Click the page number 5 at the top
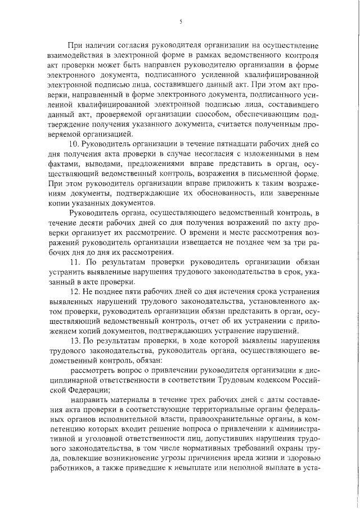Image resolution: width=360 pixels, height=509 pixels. tap(181, 21)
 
